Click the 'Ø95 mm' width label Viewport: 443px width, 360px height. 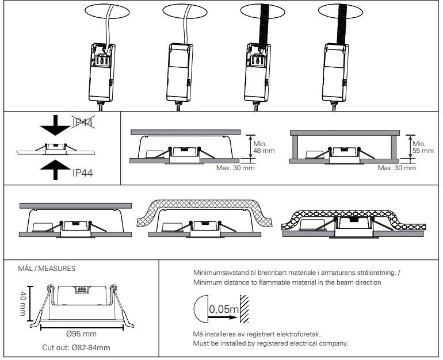pyautogui.click(x=81, y=334)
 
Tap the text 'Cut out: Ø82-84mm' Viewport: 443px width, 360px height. pyautogui.click(x=76, y=347)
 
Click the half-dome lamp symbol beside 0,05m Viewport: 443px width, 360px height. pyautogui.click(x=199, y=310)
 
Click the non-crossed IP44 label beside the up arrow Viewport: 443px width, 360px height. pyautogui.click(x=83, y=172)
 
